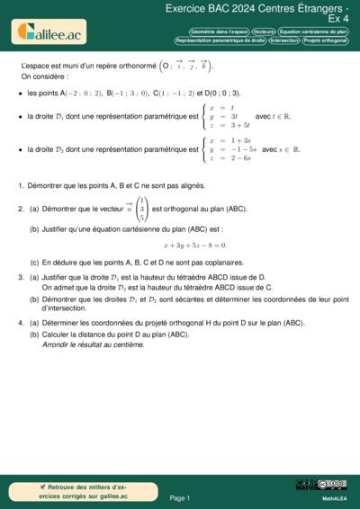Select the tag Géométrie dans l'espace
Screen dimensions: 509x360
click(x=219, y=31)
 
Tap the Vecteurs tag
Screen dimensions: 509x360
click(x=265, y=31)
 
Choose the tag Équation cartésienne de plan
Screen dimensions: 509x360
click(x=314, y=31)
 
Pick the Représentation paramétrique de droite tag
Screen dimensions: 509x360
click(x=220, y=40)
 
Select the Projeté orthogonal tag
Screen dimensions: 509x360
click(x=326, y=40)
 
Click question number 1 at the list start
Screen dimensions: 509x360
click(x=20, y=186)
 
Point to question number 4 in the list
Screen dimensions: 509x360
click(x=20, y=323)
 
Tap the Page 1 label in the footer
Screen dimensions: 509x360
click(x=179, y=496)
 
